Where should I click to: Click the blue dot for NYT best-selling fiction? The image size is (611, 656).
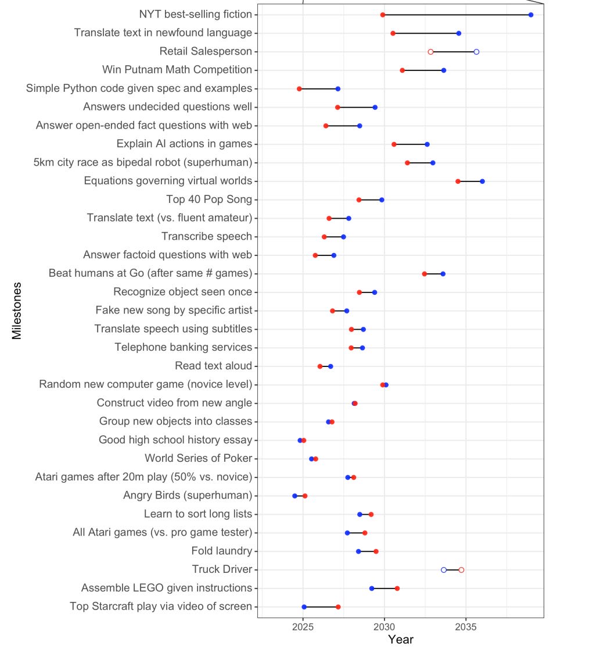tap(531, 15)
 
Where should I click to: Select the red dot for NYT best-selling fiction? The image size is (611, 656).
tap(383, 15)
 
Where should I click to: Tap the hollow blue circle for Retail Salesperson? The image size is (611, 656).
tap(476, 52)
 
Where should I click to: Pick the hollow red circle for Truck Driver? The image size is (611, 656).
tap(461, 570)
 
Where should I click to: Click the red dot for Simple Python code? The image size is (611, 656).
tap(300, 89)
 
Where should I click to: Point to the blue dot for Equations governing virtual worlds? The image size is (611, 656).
tap(482, 181)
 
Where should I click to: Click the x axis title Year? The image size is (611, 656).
tap(401, 640)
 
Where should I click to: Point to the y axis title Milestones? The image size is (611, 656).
tap(17, 311)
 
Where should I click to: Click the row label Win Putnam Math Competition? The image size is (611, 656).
tap(177, 70)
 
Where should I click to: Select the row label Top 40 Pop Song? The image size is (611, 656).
tap(209, 199)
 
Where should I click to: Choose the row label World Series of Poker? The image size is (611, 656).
tap(198, 458)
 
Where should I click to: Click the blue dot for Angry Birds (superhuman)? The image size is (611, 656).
tap(294, 496)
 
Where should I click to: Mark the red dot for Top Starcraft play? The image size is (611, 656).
tap(338, 607)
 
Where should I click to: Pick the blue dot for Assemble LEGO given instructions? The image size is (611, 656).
tap(372, 589)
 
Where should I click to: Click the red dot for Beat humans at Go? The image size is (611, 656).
tap(425, 274)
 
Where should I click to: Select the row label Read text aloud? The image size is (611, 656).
tap(213, 366)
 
